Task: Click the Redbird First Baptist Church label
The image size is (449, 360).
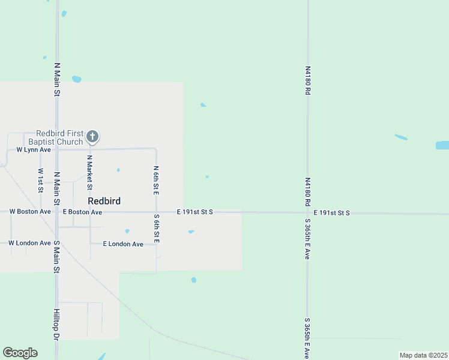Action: click(x=59, y=137)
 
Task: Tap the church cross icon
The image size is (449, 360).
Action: click(x=92, y=137)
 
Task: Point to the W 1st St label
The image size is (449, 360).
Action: click(x=40, y=180)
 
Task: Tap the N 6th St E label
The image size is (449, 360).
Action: click(x=155, y=180)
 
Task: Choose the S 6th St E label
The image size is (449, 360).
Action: click(x=156, y=229)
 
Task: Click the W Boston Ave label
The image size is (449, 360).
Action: click(x=30, y=212)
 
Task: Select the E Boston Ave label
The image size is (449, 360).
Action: click(x=82, y=212)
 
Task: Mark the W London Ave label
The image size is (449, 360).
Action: click(x=29, y=243)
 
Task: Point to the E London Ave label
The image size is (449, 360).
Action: click(x=123, y=244)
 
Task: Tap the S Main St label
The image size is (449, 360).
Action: click(x=56, y=257)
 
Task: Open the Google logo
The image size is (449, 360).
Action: click(x=20, y=353)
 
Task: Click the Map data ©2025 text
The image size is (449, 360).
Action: click(x=423, y=355)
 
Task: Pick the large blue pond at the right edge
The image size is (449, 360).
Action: click(x=442, y=145)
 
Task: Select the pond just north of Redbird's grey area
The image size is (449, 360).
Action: click(x=76, y=79)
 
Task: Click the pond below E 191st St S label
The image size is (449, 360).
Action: click(x=191, y=232)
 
